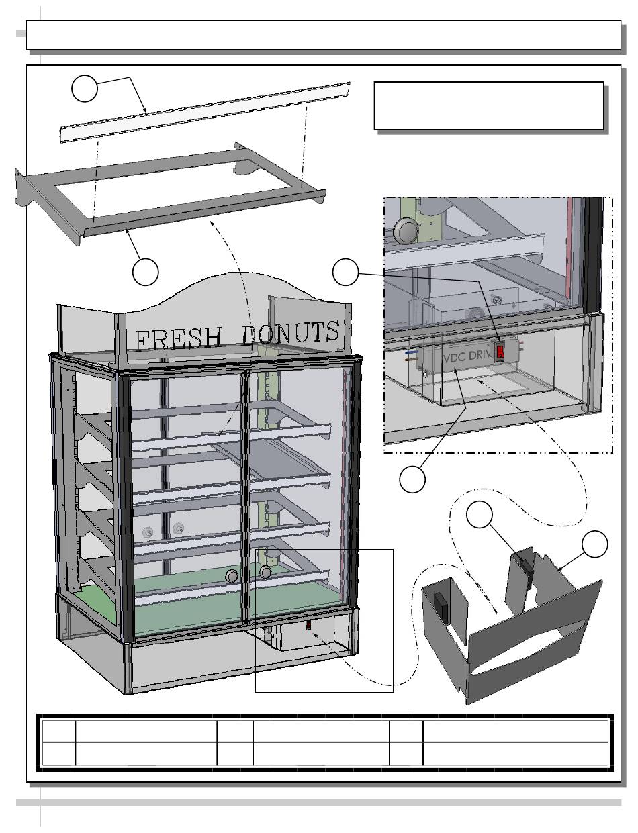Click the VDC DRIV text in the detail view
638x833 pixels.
[467, 356]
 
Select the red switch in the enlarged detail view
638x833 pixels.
[500, 352]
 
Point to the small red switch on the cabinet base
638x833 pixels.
[308, 626]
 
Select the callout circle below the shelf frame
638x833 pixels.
[145, 271]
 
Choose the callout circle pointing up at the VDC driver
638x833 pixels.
[412, 479]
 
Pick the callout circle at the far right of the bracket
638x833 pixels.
[594, 543]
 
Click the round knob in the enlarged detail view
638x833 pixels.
[406, 231]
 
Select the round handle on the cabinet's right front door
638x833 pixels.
[266, 572]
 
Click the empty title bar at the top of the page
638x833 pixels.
[322, 35]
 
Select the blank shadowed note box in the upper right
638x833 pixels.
[488, 105]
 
